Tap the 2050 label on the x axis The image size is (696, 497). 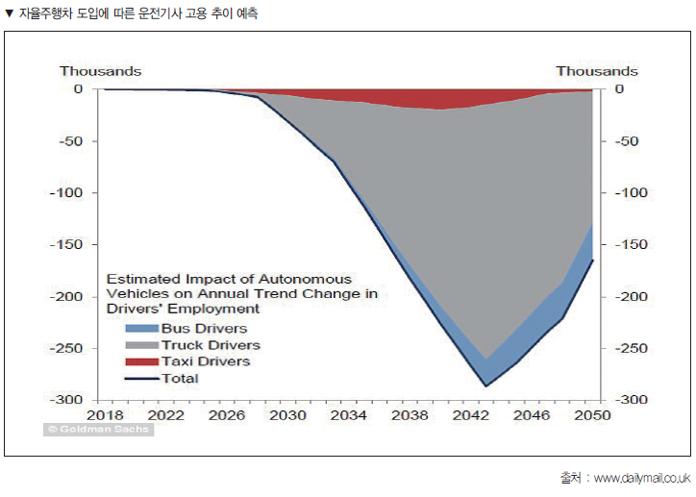click(x=591, y=415)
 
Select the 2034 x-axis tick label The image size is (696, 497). click(x=348, y=415)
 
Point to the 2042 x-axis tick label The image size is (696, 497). click(x=469, y=415)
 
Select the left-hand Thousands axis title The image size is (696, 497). click(x=100, y=71)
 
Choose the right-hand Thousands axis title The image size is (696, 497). click(x=596, y=71)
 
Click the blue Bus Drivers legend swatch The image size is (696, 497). click(x=141, y=329)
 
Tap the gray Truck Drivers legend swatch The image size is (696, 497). click(x=141, y=345)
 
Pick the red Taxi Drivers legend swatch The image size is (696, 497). click(x=141, y=361)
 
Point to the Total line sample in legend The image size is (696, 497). click(x=141, y=378)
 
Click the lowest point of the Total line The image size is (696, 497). click(x=485, y=386)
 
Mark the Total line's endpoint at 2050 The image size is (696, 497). click(x=592, y=260)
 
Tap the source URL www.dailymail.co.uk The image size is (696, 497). click(x=641, y=478)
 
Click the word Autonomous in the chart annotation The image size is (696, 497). click(x=308, y=278)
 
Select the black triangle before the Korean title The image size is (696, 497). click(x=10, y=14)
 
